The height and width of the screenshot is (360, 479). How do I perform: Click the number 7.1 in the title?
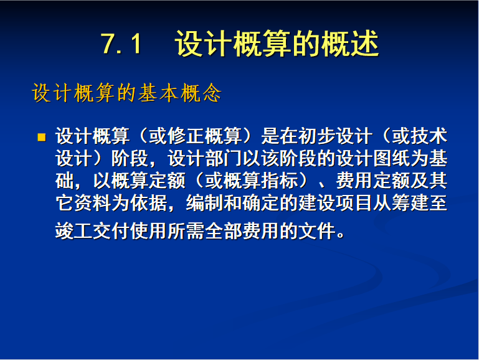pos(121,44)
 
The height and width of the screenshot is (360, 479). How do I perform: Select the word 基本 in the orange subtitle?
pos(158,93)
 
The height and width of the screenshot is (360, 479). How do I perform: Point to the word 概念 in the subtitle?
pos(201,93)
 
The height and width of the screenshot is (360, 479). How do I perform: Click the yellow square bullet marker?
pos(42,137)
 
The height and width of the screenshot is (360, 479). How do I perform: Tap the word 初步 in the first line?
pos(317,136)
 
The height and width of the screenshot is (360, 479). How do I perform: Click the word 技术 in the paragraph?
pos(429,136)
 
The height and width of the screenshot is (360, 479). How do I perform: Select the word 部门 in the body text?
pos(224,158)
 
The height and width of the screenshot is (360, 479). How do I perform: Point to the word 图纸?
pos(392,158)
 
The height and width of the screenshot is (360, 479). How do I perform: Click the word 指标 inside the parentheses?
pos(279,181)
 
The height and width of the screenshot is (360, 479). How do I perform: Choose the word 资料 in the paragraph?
pos(93,203)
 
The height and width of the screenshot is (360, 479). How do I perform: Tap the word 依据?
pos(148,203)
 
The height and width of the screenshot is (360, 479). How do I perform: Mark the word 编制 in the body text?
pos(205,203)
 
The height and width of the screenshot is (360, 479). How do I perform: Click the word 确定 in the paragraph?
pos(260,203)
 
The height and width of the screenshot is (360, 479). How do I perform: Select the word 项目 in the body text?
pos(354,203)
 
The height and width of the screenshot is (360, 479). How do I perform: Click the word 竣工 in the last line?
pos(74,231)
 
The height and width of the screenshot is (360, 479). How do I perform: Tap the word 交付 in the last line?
pos(111,231)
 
